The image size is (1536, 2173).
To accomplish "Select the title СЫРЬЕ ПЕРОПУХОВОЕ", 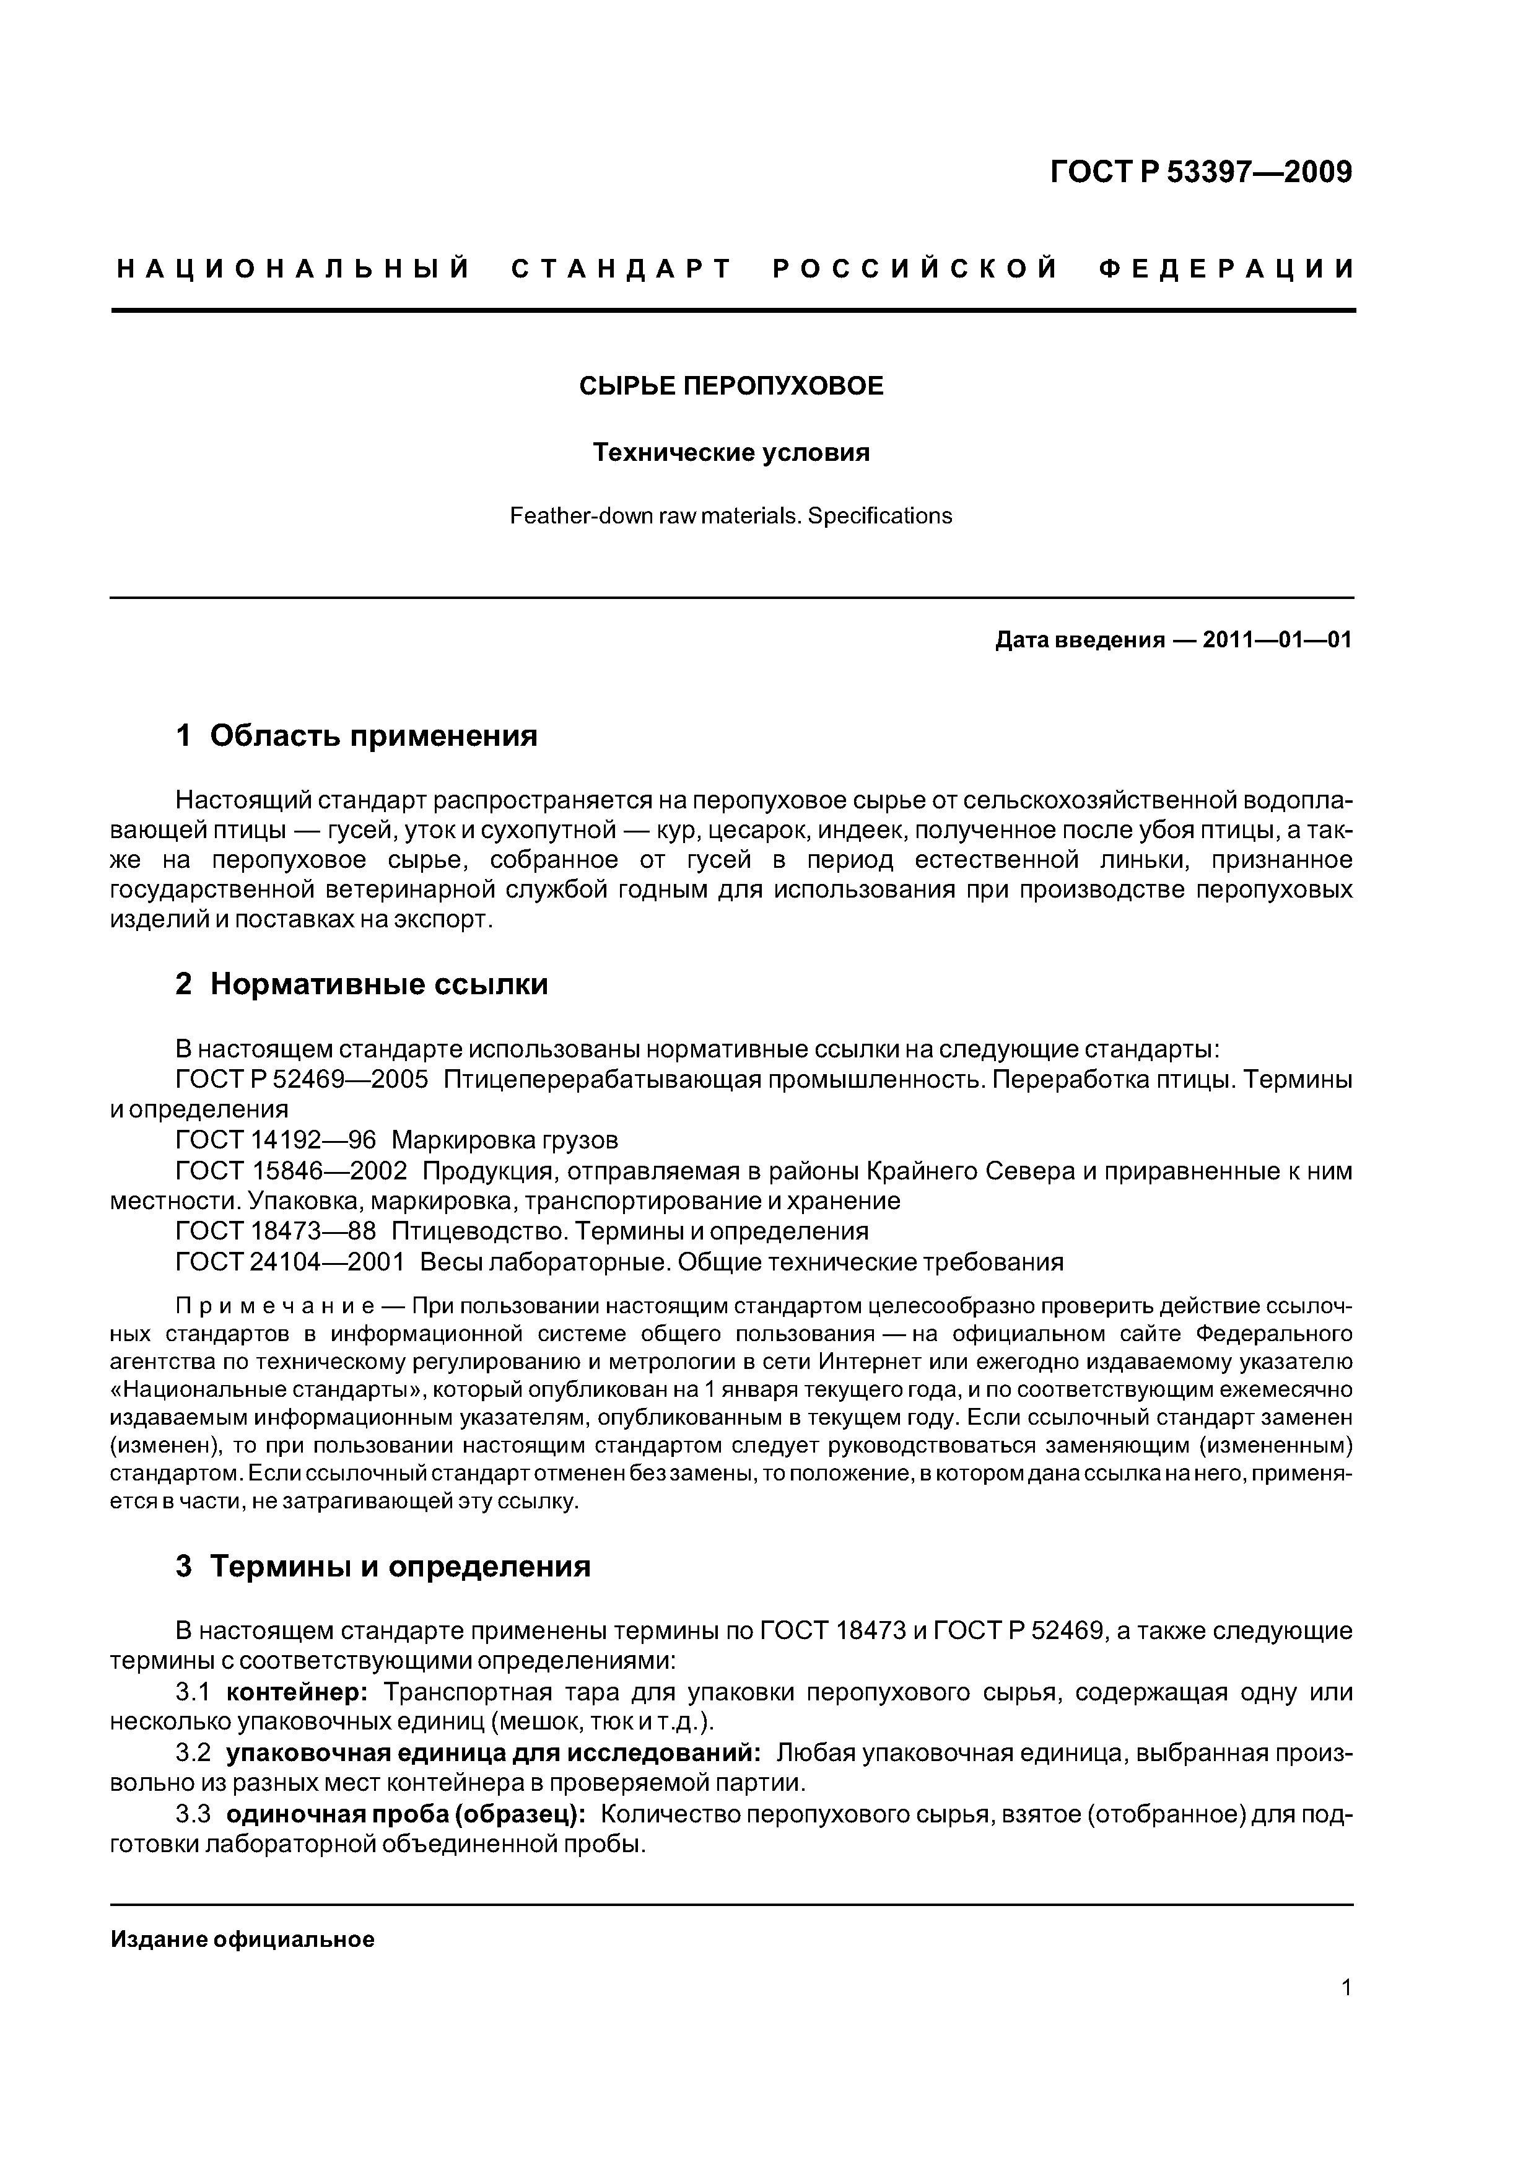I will coord(731,386).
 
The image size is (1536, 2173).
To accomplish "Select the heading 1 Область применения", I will coord(356,735).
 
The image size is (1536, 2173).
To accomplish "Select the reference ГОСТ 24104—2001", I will coord(290,1262).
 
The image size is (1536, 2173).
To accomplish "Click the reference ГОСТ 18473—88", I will coord(276,1231).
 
